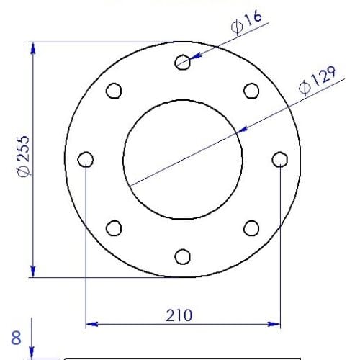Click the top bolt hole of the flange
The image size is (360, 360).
[x=182, y=62]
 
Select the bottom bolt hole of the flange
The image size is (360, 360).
[x=182, y=256]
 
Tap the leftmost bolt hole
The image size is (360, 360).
[x=86, y=159]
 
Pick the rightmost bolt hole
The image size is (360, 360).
[x=279, y=159]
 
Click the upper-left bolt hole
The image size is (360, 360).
[x=114, y=91]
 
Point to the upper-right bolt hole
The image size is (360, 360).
[x=251, y=91]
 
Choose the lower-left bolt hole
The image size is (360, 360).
[x=114, y=228]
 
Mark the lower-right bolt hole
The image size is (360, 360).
[x=251, y=228]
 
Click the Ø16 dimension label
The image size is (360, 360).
[x=246, y=24]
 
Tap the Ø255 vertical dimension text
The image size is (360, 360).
[x=23, y=155]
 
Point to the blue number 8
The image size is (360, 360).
[x=16, y=336]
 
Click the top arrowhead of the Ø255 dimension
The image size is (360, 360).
[x=33, y=47]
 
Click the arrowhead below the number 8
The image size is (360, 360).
[x=33, y=353]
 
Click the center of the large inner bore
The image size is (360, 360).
[x=182, y=159]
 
